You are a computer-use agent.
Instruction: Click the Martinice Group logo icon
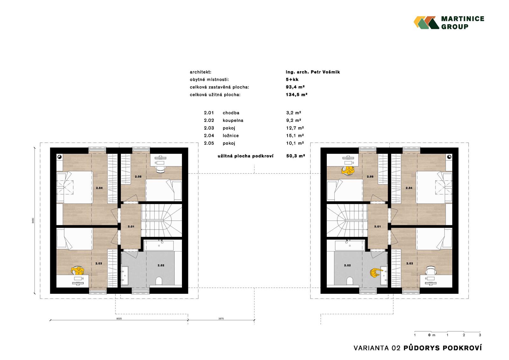(x=426, y=23)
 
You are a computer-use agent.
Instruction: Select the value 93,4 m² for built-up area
(x=295, y=87)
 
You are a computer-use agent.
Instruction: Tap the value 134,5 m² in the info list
(x=296, y=95)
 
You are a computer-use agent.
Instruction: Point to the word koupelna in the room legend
(x=233, y=120)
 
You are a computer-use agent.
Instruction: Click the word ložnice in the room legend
(x=231, y=136)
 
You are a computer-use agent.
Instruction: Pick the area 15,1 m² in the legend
(x=295, y=136)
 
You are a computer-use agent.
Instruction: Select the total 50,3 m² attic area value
(x=296, y=156)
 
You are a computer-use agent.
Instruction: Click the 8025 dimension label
(x=119, y=319)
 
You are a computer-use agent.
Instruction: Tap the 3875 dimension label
(x=221, y=319)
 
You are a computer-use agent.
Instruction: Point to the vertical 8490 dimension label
(x=33, y=220)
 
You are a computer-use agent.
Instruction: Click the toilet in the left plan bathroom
(x=159, y=281)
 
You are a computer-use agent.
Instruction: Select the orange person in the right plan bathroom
(x=375, y=273)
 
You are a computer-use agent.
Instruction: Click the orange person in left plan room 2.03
(x=78, y=271)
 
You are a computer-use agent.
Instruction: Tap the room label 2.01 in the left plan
(x=131, y=227)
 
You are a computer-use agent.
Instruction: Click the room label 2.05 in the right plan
(x=370, y=176)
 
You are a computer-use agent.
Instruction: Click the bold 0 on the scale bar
(x=429, y=335)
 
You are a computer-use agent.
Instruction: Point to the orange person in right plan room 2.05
(x=347, y=170)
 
